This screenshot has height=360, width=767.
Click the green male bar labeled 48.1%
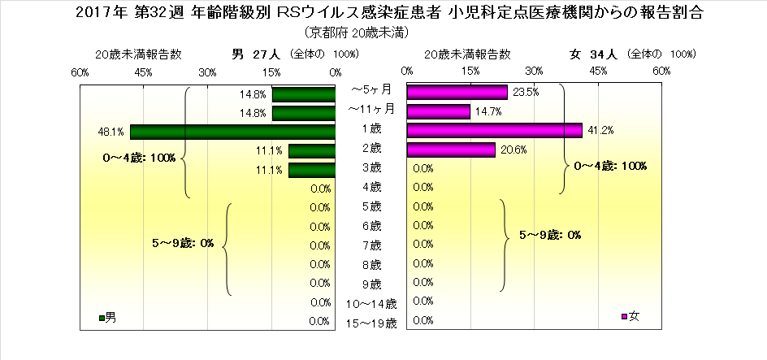click(232, 132)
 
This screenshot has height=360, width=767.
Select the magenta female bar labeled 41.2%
click(494, 130)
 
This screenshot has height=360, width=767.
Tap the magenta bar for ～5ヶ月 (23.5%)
click(457, 93)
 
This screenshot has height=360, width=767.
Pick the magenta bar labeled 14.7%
click(438, 111)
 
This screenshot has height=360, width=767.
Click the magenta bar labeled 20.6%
click(451, 150)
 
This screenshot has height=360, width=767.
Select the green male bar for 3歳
click(311, 170)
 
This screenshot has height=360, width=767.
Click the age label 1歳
click(370, 128)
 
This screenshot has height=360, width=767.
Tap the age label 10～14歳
click(370, 304)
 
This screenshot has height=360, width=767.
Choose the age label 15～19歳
click(370, 323)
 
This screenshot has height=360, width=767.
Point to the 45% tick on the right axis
click(598, 72)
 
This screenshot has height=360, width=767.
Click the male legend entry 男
click(107, 317)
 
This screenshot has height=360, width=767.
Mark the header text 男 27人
click(256, 54)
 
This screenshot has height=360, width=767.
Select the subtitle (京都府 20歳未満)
click(357, 33)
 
